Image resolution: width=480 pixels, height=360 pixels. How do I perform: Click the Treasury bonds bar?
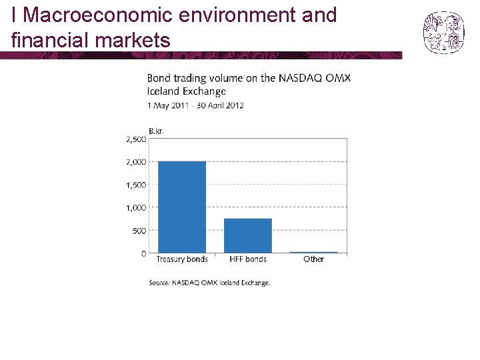pos(181,207)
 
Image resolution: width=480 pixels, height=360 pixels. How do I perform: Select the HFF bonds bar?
pos(247,235)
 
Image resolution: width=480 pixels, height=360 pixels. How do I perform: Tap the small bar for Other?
pos(313,252)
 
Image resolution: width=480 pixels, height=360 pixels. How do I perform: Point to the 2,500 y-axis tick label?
pos(136,139)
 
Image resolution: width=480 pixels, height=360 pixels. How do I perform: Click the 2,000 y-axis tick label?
pos(136,162)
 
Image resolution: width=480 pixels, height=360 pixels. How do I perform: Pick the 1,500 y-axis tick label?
pos(136,185)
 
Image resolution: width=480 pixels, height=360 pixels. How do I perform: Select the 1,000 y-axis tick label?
pos(136,208)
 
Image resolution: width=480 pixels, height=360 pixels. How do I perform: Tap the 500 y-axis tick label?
pos(139,231)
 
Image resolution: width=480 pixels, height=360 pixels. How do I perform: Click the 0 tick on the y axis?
pos(143,253)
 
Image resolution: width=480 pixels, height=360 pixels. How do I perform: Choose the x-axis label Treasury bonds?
pos(181,259)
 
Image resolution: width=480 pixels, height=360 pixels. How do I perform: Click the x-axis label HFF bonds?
pos(247,259)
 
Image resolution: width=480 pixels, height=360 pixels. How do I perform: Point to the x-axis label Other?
pos(313,259)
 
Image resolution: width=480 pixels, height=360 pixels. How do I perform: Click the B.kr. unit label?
pos(155,131)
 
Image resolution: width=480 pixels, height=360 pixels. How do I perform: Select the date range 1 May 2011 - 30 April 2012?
pos(195,105)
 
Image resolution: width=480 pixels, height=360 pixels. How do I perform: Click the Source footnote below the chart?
pos(209,283)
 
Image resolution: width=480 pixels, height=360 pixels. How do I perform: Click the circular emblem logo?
pos(443,31)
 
